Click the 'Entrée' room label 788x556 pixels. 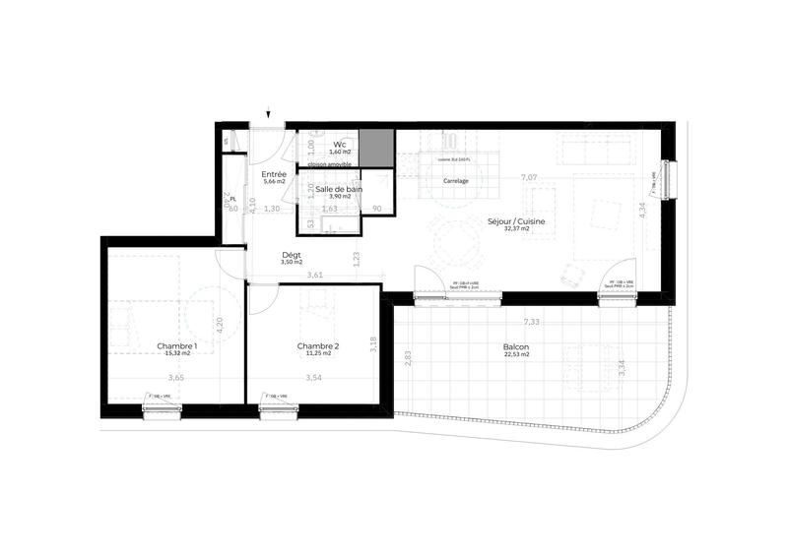(274, 174)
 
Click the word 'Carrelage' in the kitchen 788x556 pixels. (455, 181)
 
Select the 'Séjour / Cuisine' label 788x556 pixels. (516, 222)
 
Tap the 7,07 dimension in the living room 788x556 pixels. (528, 177)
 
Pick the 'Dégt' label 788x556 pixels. (291, 254)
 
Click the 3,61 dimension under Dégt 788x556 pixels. (315, 275)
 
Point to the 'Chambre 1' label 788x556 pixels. (177, 345)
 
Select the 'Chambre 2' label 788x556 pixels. (318, 345)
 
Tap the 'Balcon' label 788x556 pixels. (516, 347)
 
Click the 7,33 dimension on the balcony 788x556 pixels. (531, 322)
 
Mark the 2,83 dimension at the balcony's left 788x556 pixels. (407, 359)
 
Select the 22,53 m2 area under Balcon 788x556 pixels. (516, 356)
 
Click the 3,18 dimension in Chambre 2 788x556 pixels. (372, 344)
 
